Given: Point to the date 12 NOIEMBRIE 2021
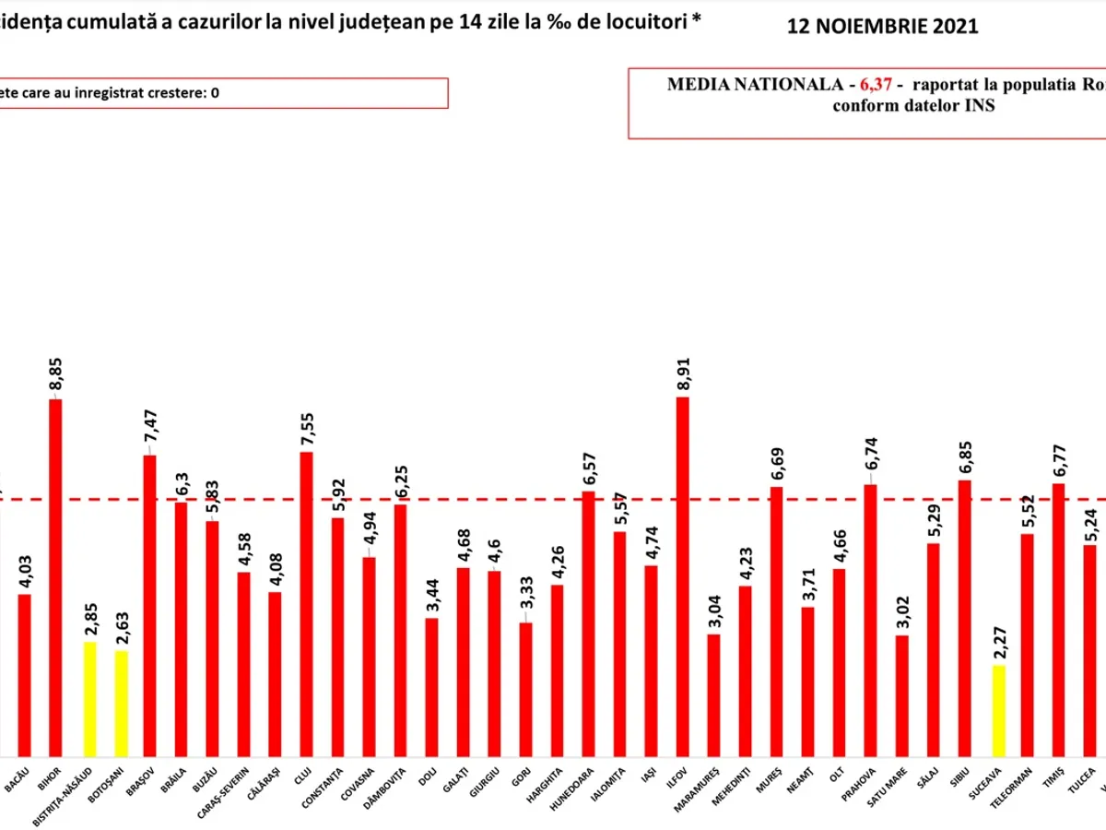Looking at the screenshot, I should pyautogui.click(x=882, y=27).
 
